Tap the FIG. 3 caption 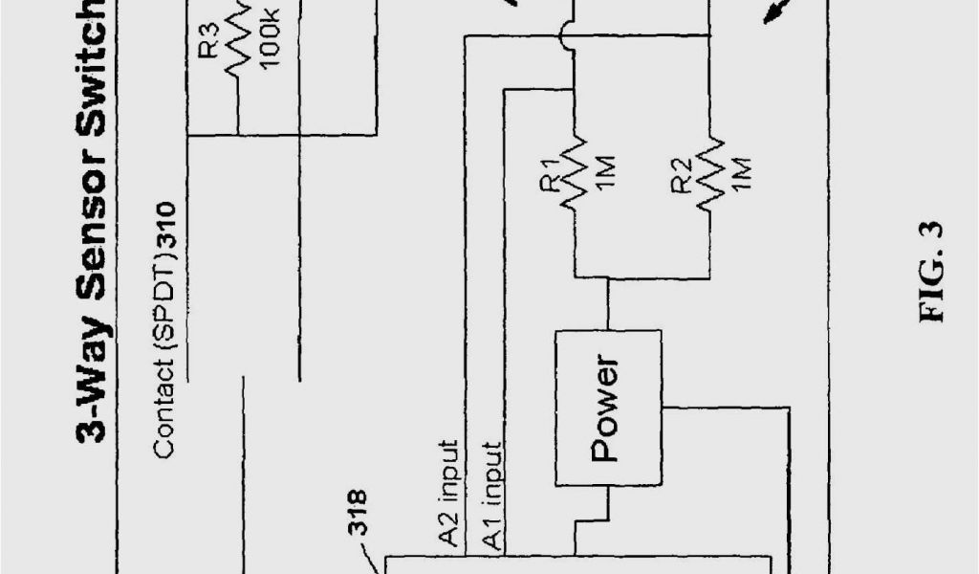(x=932, y=272)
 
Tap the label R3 (x=211, y=42)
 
